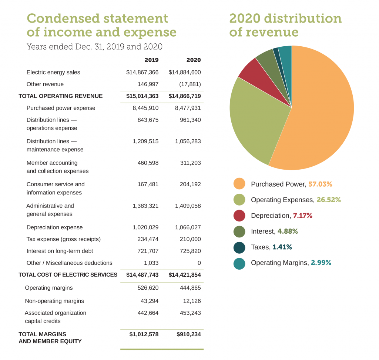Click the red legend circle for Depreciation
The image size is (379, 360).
239,216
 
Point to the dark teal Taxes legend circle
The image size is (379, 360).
239,247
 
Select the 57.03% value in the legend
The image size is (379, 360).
320,184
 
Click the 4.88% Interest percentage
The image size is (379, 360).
288,231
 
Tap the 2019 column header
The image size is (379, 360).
151,60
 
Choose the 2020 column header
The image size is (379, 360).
194,60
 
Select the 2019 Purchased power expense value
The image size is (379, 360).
146,108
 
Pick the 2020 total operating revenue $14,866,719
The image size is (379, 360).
185,96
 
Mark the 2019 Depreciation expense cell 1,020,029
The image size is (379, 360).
146,227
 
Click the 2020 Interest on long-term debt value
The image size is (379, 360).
191,251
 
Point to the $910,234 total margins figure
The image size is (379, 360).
189,334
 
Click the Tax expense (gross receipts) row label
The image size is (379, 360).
64,239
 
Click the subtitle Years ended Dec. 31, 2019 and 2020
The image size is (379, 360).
94,47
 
